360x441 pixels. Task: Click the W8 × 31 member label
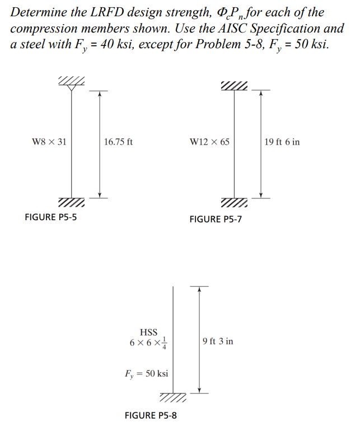tap(49, 142)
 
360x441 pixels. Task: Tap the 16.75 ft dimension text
tap(118, 142)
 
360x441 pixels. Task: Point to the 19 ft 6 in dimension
tap(282, 142)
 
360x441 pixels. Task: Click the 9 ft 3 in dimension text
tap(218, 341)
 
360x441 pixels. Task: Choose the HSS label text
tap(149, 332)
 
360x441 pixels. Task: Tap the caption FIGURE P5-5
tap(52, 217)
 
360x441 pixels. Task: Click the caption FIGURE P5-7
tap(216, 219)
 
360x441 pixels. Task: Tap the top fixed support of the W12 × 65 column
tap(235, 85)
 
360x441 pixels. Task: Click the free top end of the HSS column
tap(173, 286)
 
